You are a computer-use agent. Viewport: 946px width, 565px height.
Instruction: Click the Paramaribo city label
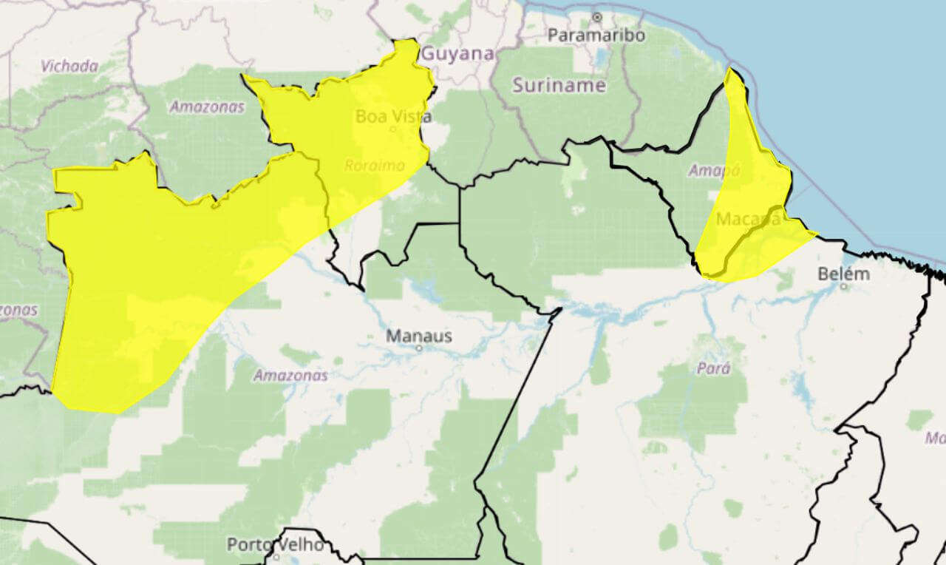(596, 35)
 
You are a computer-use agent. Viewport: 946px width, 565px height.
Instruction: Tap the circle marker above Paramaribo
(596, 16)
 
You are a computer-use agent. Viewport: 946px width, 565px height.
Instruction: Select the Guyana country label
(457, 54)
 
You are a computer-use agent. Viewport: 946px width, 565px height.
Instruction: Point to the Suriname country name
(559, 85)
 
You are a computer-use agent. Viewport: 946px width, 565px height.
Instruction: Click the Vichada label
(69, 66)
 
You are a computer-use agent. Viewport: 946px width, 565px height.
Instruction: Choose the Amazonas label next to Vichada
(207, 106)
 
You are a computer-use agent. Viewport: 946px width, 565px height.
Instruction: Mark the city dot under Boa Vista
(393, 129)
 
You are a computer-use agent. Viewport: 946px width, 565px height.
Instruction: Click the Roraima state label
(374, 166)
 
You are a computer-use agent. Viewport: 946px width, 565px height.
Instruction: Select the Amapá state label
(714, 170)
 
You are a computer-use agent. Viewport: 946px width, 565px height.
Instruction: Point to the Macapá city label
(748, 219)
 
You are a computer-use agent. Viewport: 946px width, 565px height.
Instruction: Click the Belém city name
(843, 274)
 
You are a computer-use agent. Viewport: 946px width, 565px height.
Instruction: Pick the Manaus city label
(419, 336)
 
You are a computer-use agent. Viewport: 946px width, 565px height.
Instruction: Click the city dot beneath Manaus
(418, 348)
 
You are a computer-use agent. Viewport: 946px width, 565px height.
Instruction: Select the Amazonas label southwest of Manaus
(290, 375)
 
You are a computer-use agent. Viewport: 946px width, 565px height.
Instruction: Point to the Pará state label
(713, 368)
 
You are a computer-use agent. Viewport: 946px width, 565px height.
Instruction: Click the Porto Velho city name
(275, 545)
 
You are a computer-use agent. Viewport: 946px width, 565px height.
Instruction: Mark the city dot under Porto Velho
(276, 557)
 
